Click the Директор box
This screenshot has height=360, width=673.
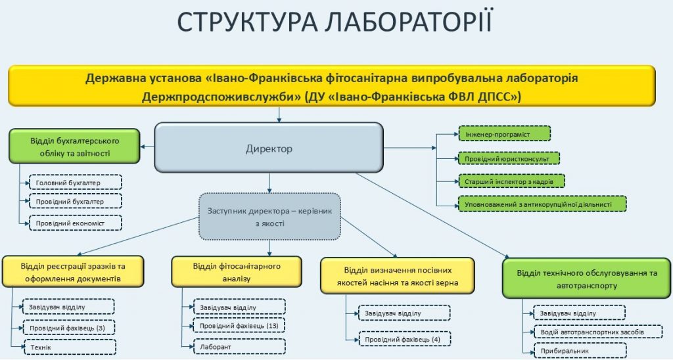269,148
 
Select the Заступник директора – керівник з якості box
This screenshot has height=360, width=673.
269,217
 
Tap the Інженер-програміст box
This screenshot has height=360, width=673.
505,133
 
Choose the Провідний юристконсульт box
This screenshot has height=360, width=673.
509,158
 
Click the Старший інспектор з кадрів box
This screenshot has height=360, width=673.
511,181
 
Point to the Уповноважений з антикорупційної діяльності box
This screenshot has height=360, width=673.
542,204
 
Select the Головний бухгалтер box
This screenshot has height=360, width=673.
76,183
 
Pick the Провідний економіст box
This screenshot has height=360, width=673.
76,223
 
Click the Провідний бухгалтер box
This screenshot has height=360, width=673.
76,201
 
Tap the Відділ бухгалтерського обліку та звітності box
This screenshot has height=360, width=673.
75,146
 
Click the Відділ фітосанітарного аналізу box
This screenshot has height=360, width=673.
237,272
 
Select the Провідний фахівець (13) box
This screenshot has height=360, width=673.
239,326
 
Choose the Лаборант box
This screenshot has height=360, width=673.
239,346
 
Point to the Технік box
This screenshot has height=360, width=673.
69,347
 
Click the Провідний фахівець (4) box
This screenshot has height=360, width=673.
404,339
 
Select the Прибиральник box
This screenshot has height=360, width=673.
580,351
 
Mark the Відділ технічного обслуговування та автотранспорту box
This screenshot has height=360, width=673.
587,279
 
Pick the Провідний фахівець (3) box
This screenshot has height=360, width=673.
68,328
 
